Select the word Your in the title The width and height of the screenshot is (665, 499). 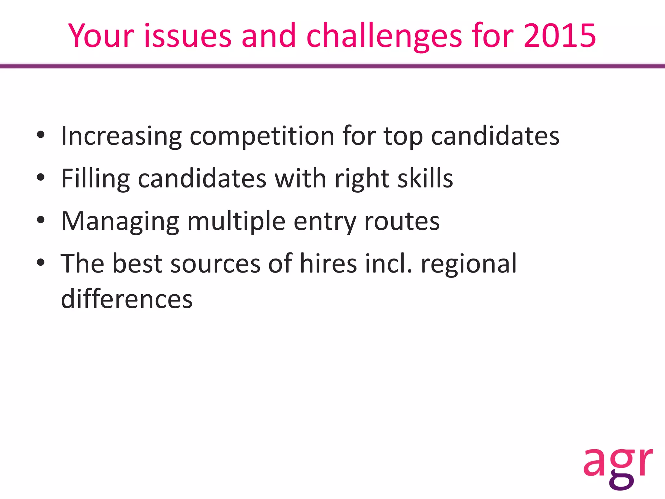[x=101, y=36]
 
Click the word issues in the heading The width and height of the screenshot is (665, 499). [x=188, y=36]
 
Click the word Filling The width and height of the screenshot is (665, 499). [x=95, y=179]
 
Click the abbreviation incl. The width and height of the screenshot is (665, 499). [x=388, y=263]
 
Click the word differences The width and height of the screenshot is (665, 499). [x=127, y=299]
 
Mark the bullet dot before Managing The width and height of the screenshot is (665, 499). [x=41, y=220]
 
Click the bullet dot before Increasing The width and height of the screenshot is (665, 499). [x=41, y=135]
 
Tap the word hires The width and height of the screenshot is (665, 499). [x=328, y=263]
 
